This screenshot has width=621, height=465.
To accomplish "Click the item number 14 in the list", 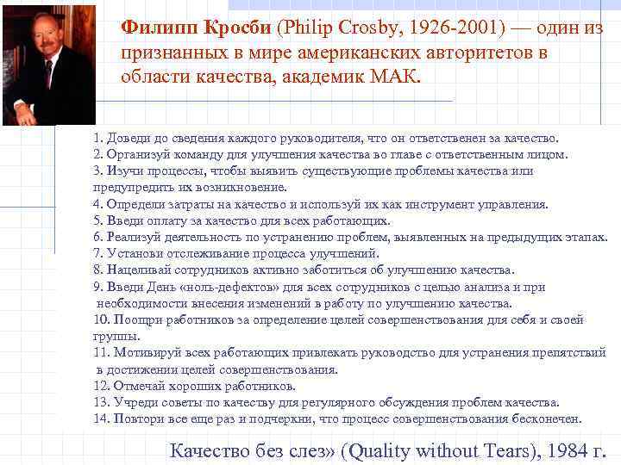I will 100,418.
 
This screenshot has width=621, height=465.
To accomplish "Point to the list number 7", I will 97,253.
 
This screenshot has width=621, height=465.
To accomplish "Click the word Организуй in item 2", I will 135,154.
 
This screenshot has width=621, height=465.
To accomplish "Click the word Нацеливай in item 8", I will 136,270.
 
